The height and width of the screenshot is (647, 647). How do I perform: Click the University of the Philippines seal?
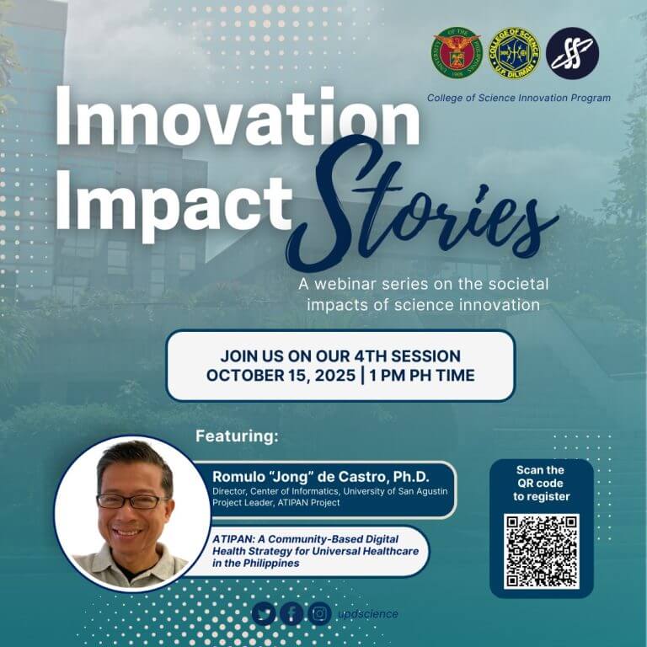[457, 52]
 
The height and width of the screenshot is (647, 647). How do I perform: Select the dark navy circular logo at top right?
[572, 52]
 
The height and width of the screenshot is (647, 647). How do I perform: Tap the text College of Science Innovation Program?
[518, 98]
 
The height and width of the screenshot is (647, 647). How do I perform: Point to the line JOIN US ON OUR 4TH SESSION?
[340, 356]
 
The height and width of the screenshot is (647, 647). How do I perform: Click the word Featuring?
[237, 437]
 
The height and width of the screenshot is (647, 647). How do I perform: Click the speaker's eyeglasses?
[131, 500]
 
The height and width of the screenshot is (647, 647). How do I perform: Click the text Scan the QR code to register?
[541, 483]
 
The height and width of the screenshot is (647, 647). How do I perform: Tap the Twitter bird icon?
[264, 613]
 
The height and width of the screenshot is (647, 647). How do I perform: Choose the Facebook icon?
[291, 613]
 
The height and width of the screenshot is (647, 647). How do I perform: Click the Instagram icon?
[319, 613]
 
